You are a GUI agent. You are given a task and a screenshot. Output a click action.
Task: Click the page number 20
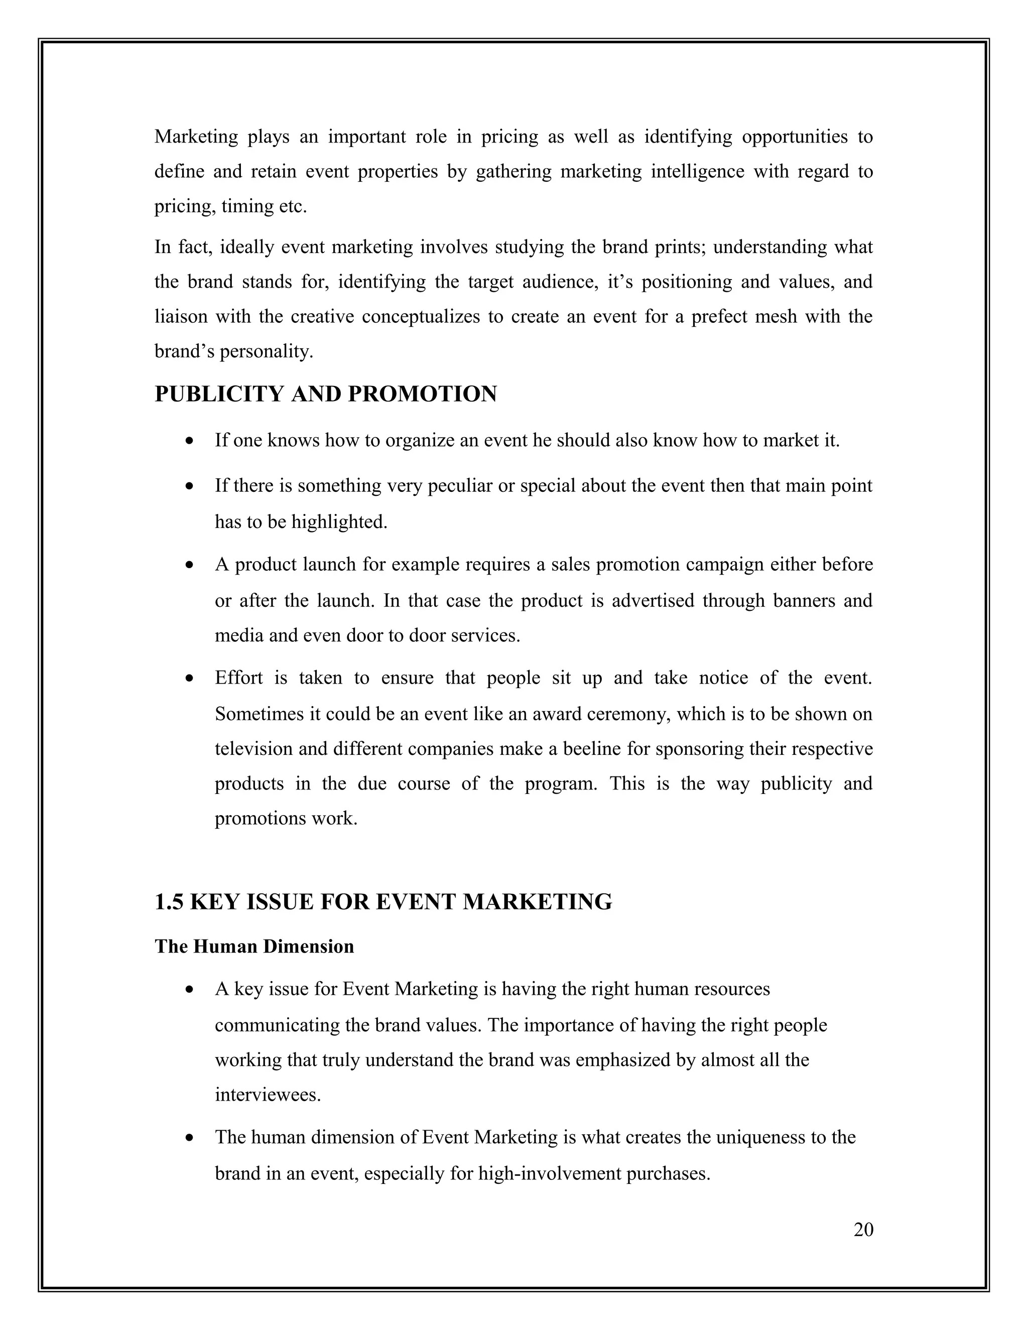[x=863, y=1230]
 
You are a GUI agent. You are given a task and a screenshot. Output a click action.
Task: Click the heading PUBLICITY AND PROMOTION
[x=326, y=394]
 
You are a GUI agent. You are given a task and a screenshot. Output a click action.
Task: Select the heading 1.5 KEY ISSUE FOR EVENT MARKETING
[x=383, y=902]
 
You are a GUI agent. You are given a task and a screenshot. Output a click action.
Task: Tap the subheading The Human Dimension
[x=254, y=947]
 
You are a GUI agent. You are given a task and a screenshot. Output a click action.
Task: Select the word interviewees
[x=268, y=1095]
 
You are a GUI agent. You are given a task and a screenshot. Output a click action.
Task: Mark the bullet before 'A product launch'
[x=191, y=565]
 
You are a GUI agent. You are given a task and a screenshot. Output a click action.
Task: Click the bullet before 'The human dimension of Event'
[x=191, y=1138]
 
